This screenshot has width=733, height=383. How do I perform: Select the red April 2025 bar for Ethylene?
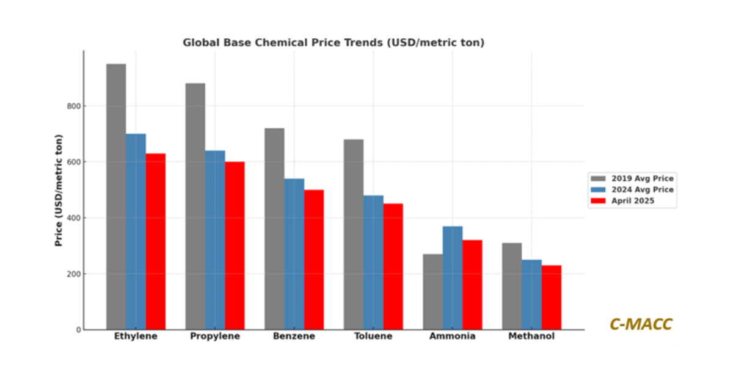pyautogui.click(x=156, y=241)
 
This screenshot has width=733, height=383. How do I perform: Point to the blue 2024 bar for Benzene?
pyautogui.click(x=294, y=254)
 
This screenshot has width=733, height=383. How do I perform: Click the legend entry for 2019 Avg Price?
pyautogui.click(x=632, y=178)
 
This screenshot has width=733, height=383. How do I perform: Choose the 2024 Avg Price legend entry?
pyautogui.click(x=632, y=189)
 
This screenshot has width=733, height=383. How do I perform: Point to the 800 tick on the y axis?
pyautogui.click(x=74, y=106)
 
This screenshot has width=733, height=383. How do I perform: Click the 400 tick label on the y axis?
pyautogui.click(x=74, y=218)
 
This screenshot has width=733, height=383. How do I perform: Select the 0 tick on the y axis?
pyautogui.click(x=78, y=330)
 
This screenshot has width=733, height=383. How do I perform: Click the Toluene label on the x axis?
pyautogui.click(x=373, y=337)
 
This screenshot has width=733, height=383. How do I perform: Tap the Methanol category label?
pyautogui.click(x=531, y=337)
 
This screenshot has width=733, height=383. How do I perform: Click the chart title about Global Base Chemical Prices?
pyautogui.click(x=334, y=43)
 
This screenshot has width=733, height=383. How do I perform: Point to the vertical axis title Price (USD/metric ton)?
pyautogui.click(x=59, y=189)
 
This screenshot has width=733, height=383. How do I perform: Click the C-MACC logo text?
pyautogui.click(x=641, y=324)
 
